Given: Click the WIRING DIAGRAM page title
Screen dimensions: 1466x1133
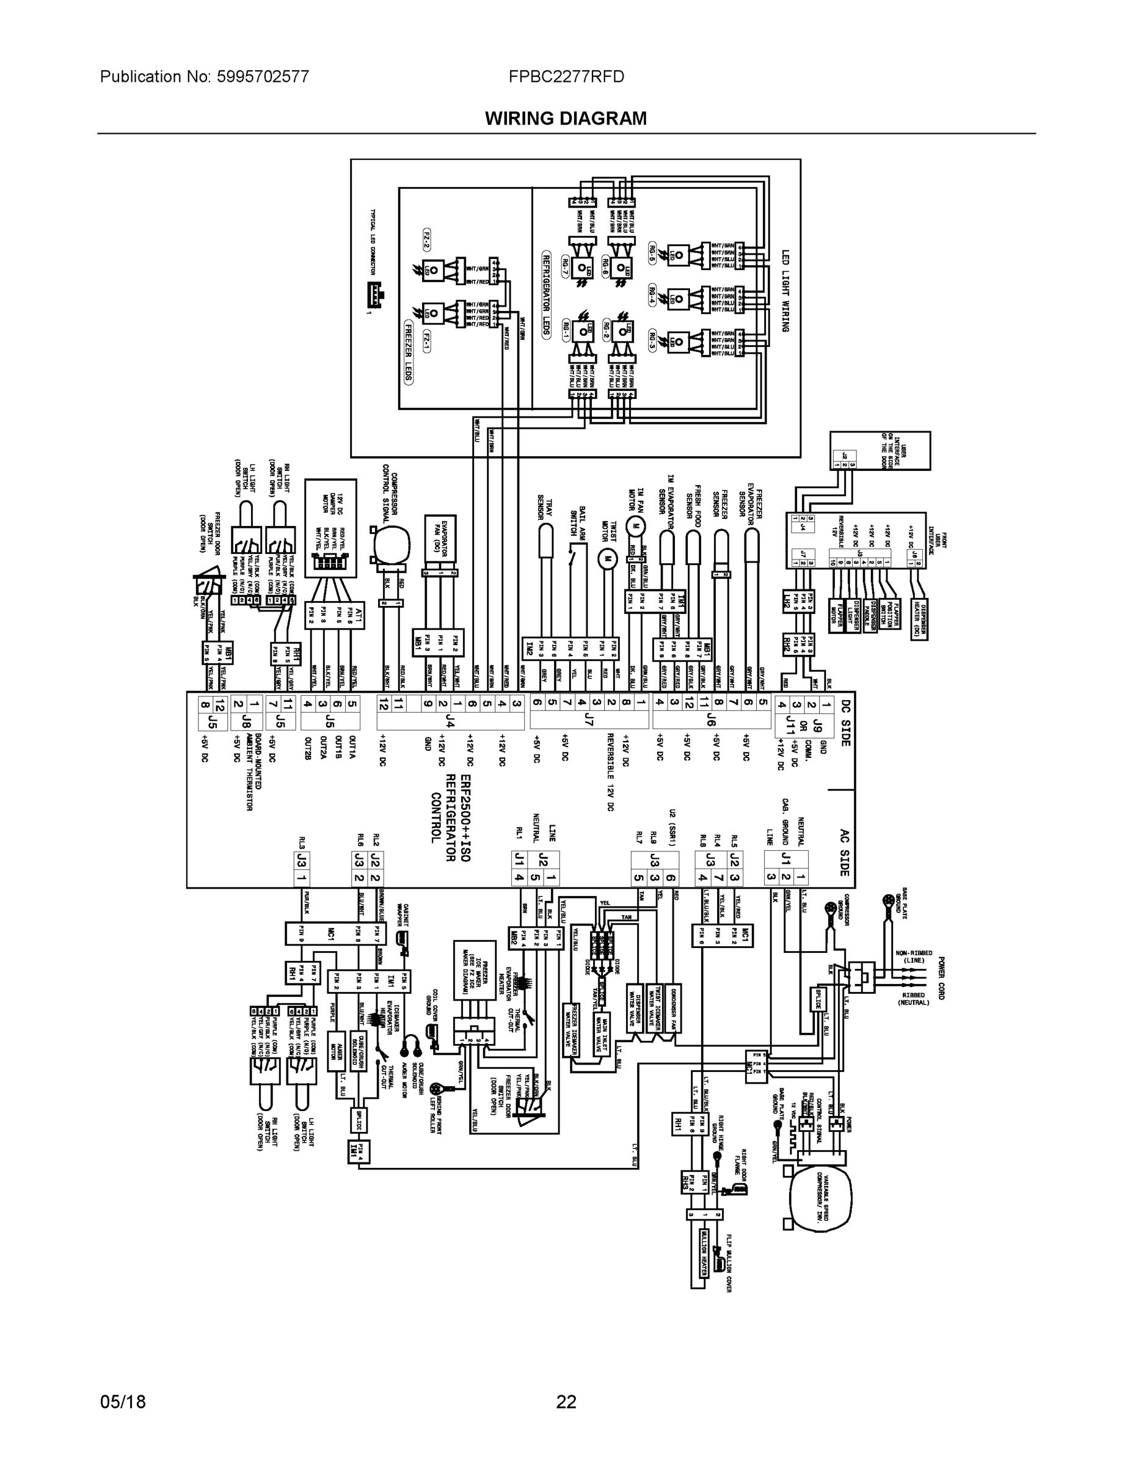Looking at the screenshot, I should click(x=566, y=119).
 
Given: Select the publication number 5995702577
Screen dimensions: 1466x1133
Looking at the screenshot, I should click(x=263, y=77).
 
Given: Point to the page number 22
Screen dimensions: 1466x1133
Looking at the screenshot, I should click(x=566, y=1402).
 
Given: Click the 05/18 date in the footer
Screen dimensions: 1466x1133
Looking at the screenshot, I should click(x=123, y=1402).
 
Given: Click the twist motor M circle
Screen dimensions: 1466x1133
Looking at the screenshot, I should click(x=607, y=557).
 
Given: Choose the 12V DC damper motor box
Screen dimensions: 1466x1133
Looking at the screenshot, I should click(x=330, y=528).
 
